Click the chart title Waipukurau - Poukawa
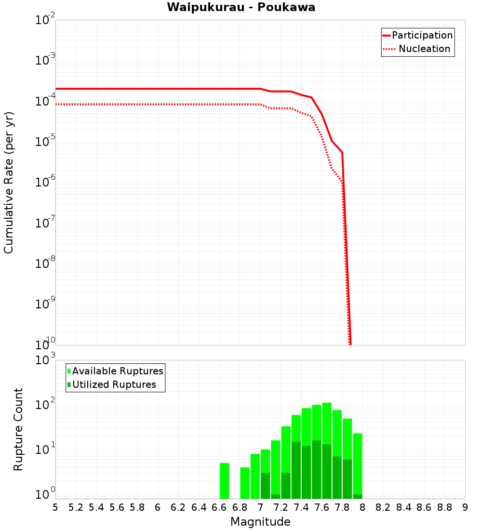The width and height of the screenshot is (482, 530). [x=241, y=7]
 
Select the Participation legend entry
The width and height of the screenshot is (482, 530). [x=422, y=35]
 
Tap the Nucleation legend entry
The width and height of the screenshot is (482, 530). [x=424, y=49]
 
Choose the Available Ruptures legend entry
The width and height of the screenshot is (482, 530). [x=118, y=371]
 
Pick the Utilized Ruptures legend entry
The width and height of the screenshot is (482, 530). [x=114, y=384]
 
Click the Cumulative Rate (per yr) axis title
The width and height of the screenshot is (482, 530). [x=9, y=182]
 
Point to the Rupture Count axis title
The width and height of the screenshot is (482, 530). [x=18, y=429]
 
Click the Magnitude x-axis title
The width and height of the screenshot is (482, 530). [x=260, y=521]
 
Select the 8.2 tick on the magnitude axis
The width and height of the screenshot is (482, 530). [x=383, y=507]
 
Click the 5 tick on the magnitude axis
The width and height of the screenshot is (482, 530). [x=55, y=507]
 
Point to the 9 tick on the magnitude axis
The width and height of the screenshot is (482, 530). [x=465, y=507]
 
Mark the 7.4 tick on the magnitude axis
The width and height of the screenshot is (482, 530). [x=301, y=507]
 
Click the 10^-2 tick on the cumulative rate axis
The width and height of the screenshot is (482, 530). [x=45, y=21]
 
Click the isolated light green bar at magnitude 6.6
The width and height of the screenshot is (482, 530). [x=224, y=481]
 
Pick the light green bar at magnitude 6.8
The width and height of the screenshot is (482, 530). [x=245, y=483]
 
